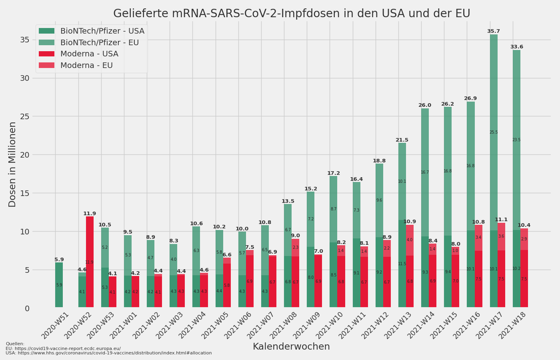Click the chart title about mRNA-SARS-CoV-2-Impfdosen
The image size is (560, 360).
pos(292,14)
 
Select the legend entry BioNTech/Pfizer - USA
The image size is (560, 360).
pos(102,31)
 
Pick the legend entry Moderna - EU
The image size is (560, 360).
pos(86,66)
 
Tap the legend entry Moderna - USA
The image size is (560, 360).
pos(89,54)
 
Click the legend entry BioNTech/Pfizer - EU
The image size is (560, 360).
pos(100,43)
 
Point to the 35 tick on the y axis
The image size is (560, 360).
pos(25,40)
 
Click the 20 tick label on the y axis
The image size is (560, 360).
pos(25,155)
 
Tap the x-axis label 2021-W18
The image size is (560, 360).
pos(513,325)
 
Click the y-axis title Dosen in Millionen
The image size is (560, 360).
pos(13,164)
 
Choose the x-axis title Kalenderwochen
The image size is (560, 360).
pos(291,347)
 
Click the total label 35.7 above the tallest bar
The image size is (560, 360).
pos(493,31)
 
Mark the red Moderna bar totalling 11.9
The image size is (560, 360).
pos(90,262)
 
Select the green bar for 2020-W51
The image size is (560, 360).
pos(59,285)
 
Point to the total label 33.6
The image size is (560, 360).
pos(516,47)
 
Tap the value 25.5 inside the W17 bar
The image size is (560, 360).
pos(494,132)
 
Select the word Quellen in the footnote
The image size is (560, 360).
pos(15,344)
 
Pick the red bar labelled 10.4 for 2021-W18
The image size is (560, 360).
pos(524,268)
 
